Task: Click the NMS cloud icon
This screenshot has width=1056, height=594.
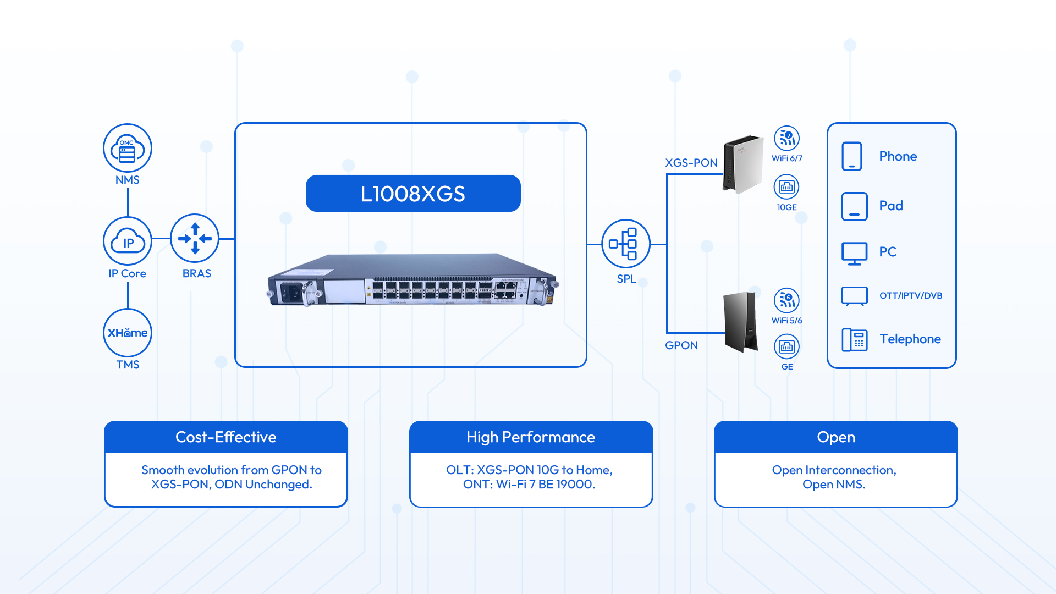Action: click(128, 148)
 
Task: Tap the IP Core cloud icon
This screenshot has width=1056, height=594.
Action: click(128, 241)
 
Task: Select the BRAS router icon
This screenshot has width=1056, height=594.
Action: click(195, 238)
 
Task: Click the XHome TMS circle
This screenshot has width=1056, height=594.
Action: click(128, 333)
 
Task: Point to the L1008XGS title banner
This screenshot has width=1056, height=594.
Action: click(413, 194)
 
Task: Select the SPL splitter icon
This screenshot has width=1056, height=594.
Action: click(626, 244)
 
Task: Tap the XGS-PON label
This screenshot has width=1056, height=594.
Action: click(691, 163)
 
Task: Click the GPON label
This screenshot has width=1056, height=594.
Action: click(681, 345)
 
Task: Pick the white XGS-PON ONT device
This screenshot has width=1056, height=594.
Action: click(743, 164)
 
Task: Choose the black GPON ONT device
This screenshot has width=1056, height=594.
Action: click(740, 322)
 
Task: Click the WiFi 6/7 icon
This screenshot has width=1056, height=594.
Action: click(787, 139)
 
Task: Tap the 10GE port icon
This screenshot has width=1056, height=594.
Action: click(787, 187)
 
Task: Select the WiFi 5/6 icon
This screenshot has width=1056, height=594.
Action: click(787, 300)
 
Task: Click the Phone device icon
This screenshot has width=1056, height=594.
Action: click(852, 156)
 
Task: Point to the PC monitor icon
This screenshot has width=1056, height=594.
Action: click(854, 253)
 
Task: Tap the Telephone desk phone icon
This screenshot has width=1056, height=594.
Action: click(854, 339)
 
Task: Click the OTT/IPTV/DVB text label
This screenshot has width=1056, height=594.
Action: click(911, 296)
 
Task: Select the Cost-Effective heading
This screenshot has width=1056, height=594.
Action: click(226, 437)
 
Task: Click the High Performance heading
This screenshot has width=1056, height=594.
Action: click(531, 437)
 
